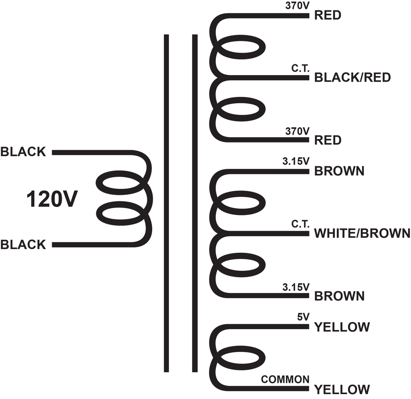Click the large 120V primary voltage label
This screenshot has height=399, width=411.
pyautogui.click(x=52, y=199)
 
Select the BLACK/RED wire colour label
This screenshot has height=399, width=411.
pyautogui.click(x=352, y=78)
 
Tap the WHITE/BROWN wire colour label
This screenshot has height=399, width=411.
pyautogui.click(x=362, y=233)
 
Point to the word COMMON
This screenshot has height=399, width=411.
pyautogui.click(x=285, y=379)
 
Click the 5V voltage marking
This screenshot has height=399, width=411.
pyautogui.click(x=303, y=317)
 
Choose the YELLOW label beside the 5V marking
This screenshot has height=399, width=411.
pyautogui.click(x=342, y=327)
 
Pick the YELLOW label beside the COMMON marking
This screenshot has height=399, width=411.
pyautogui.click(x=342, y=389)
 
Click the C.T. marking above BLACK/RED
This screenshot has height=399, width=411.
pyautogui.click(x=300, y=68)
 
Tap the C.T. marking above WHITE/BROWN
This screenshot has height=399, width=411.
pyautogui.click(x=300, y=224)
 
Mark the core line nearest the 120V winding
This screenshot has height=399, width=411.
pyautogui.click(x=167, y=203)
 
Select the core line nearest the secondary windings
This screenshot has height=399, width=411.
pyautogui.click(x=195, y=203)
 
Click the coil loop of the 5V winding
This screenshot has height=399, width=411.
pyautogui.click(x=240, y=358)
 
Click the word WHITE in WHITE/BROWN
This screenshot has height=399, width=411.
pyautogui.click(x=332, y=233)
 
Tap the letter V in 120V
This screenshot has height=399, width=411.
pyautogui.click(x=69, y=199)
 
